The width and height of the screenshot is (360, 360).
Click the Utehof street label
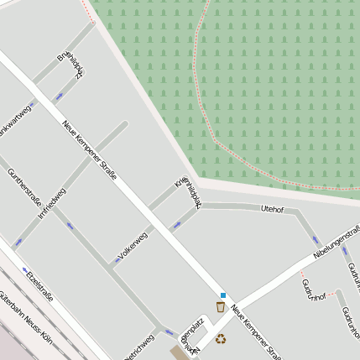(x=273, y=208)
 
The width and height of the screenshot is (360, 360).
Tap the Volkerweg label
(x=133, y=244)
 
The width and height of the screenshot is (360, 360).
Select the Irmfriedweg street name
(x=52, y=203)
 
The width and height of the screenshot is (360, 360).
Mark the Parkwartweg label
(x=16, y=120)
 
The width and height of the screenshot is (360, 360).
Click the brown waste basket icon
(x=220, y=307)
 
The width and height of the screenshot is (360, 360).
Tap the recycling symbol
(x=221, y=339)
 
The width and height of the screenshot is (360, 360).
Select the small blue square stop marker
(x=223, y=295)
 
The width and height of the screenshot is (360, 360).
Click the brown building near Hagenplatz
(x=180, y=352)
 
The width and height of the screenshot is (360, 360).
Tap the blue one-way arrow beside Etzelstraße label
(x=24, y=270)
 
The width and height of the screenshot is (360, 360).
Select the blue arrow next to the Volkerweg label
(x=117, y=259)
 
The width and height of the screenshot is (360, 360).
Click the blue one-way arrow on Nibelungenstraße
(x=344, y=250)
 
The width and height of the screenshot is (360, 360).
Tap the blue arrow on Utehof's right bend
(x=316, y=239)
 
